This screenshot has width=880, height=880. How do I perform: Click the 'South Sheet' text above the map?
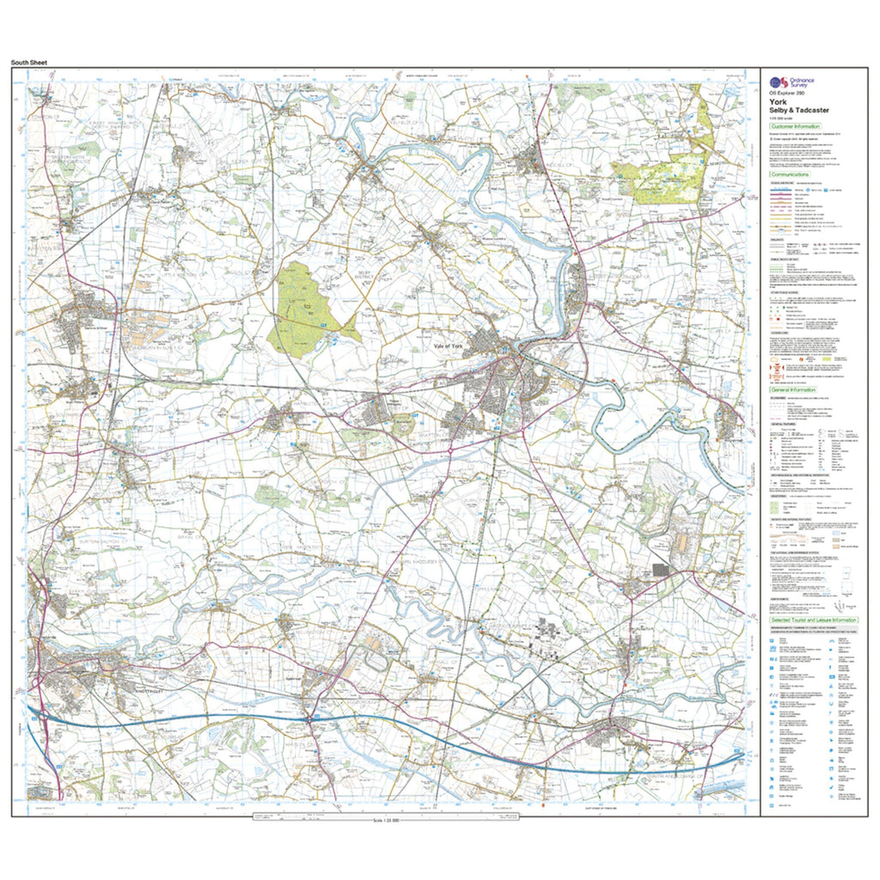point(29,63)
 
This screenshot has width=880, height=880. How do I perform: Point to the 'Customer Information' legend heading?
point(797,126)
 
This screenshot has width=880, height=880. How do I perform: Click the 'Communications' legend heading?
point(792,174)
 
